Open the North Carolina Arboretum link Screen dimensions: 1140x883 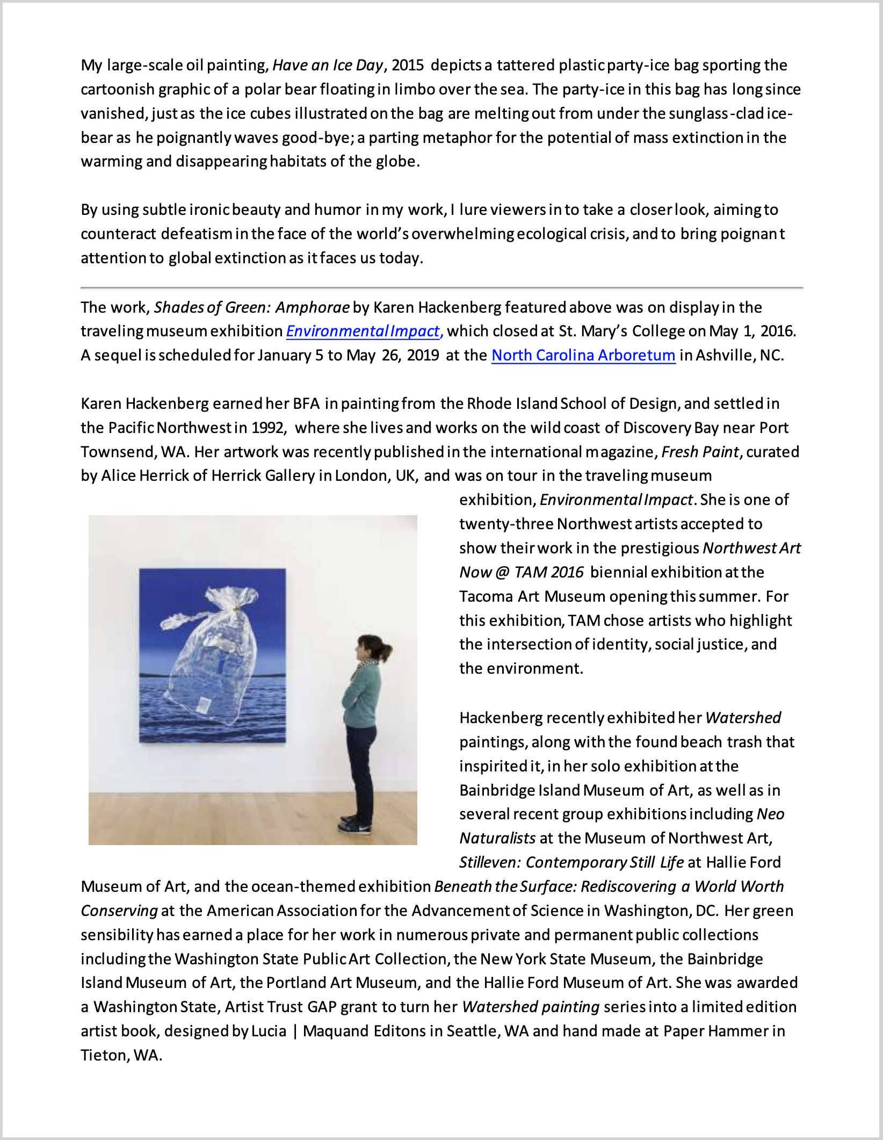coord(583,356)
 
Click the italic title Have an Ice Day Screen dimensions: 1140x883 coord(328,66)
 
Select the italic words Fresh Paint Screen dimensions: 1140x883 coord(700,452)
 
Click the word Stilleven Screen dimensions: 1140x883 coord(489,863)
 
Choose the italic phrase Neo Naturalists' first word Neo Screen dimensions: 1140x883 coord(770,814)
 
